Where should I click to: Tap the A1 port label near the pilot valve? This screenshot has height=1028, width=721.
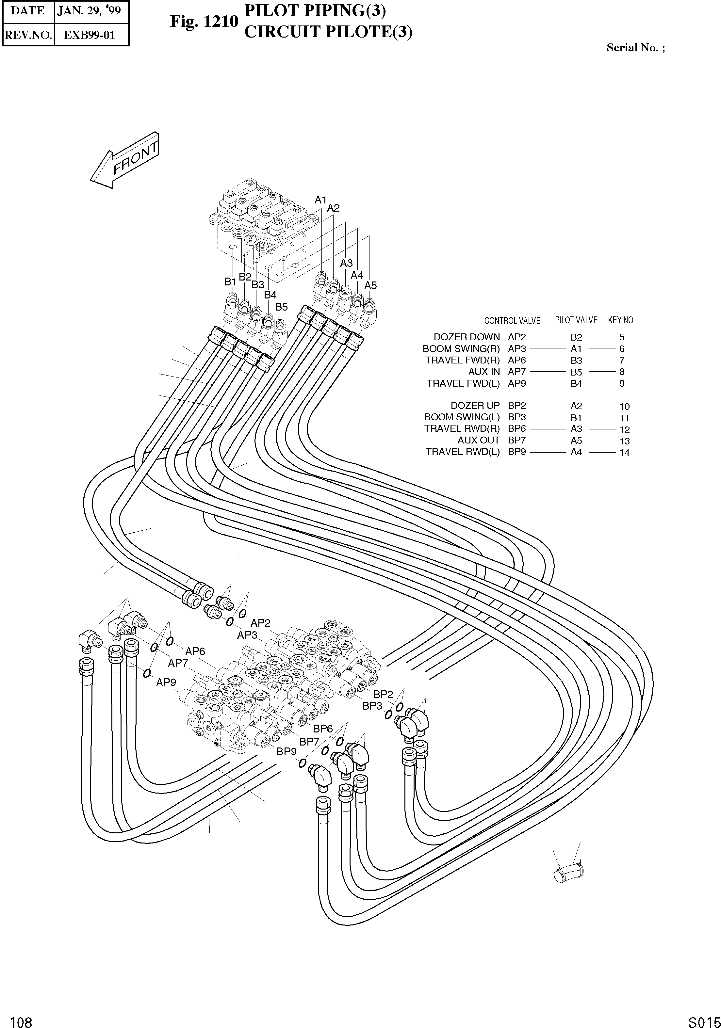[x=320, y=200]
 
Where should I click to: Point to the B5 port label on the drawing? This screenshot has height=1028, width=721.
[x=281, y=307]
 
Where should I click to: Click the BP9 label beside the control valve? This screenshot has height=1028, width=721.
[x=287, y=751]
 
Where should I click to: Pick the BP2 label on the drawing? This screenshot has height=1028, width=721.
[x=383, y=695]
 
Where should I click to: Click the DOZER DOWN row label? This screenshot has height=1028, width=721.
[x=467, y=337]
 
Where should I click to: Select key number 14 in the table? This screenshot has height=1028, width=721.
[x=624, y=453]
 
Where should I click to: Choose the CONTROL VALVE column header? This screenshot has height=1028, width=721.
[x=512, y=321]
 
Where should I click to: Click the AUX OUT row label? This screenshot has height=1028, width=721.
[x=478, y=440]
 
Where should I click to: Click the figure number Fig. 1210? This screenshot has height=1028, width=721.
[x=204, y=21]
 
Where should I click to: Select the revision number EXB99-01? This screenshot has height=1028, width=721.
[x=90, y=35]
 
